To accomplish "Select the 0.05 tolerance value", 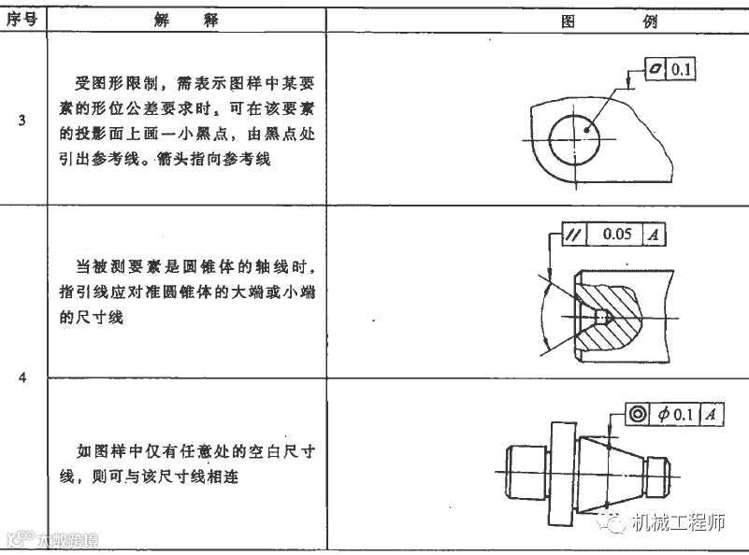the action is [617, 234].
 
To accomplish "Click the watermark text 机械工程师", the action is [679, 523].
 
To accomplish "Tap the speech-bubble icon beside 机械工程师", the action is [617, 523].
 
